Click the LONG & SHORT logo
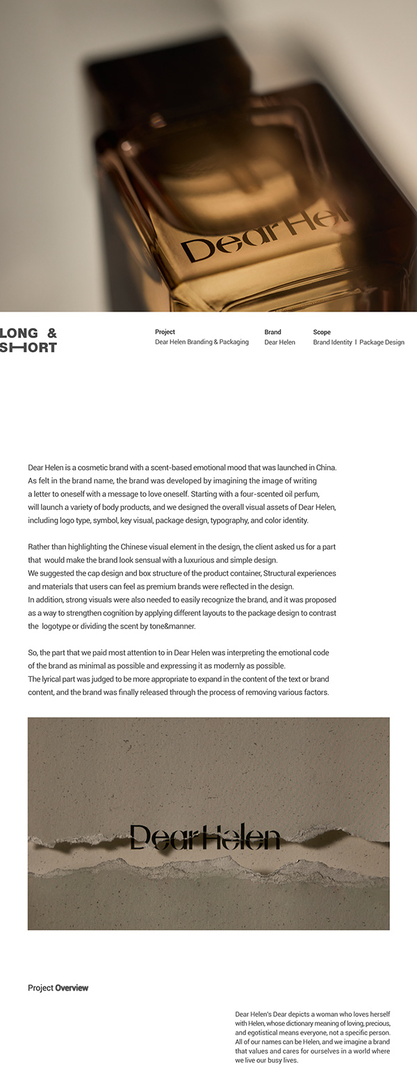coord(28,340)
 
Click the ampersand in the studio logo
coord(51,333)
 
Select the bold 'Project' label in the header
coord(165,332)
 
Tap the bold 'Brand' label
coord(272,332)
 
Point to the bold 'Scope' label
coord(322,332)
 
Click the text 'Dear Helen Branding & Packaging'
coord(202,342)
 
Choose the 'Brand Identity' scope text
coord(332,342)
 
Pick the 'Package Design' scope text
coord(382,342)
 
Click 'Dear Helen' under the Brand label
coord(279,342)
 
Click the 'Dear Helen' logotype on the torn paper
coord(205,838)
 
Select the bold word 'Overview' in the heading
coord(72,988)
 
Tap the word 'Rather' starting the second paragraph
coord(40,547)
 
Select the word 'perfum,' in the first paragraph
coord(304,494)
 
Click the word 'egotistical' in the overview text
coord(263,1033)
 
